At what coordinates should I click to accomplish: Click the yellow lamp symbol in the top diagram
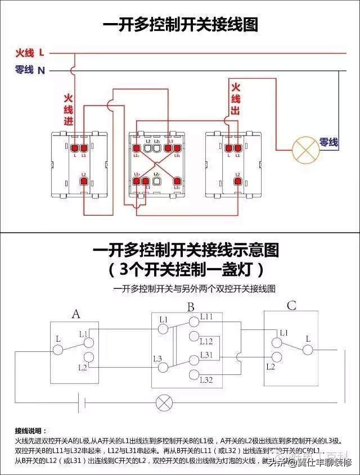(x=305, y=149)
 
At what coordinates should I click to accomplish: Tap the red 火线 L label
(x=30, y=53)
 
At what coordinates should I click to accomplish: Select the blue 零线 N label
(x=30, y=70)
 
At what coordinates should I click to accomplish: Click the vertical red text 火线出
(x=236, y=99)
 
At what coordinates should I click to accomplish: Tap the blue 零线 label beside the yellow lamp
(x=328, y=143)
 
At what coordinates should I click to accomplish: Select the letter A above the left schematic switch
(x=76, y=314)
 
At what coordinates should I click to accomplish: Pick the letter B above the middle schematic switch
(x=191, y=307)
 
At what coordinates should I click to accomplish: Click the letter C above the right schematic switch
(x=291, y=306)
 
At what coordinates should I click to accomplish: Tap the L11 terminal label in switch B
(x=206, y=317)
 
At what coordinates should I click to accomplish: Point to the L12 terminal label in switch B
(x=206, y=341)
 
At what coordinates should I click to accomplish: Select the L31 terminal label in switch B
(x=206, y=355)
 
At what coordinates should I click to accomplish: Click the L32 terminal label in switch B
(x=206, y=381)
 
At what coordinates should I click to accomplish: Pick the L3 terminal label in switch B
(x=157, y=358)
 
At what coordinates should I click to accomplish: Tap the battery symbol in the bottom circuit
(x=81, y=402)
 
